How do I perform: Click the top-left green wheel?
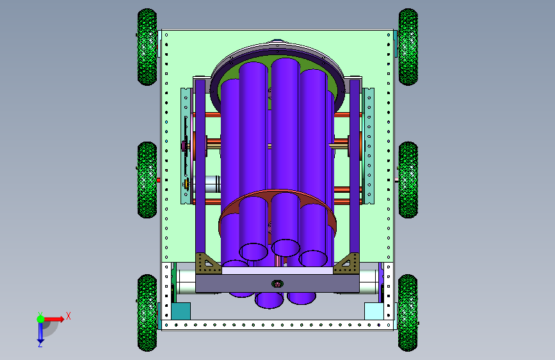[x=147, y=47]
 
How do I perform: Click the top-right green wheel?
[x=408, y=47]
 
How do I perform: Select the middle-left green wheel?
[x=147, y=180]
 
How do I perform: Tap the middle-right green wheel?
[x=408, y=180]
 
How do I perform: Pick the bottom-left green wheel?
[x=147, y=313]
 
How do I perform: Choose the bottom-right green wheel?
[x=408, y=313]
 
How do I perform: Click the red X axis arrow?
[x=54, y=319]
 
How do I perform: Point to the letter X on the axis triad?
[x=68, y=316]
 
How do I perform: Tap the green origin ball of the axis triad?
[x=40, y=319]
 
